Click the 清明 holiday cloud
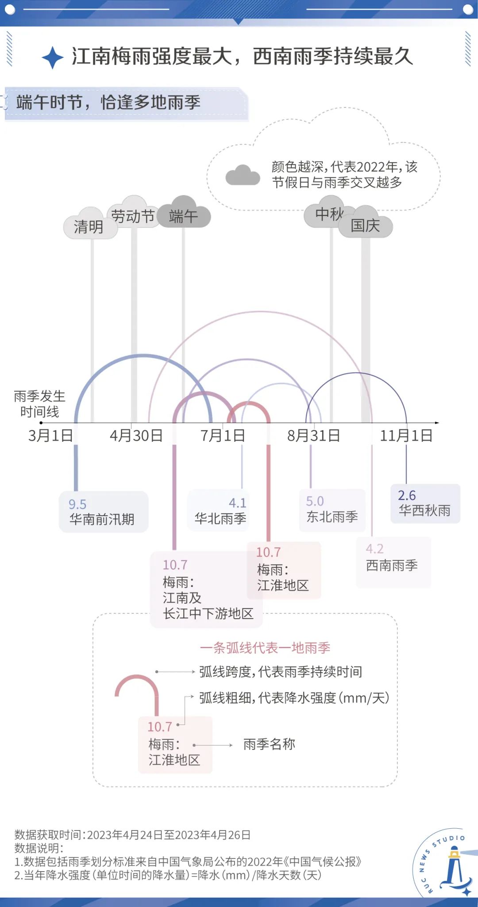click(x=90, y=223)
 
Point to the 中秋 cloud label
click(x=330, y=214)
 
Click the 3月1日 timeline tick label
click(x=50, y=436)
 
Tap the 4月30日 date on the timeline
click(x=136, y=436)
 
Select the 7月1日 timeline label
click(x=223, y=436)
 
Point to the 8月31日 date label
click(x=314, y=436)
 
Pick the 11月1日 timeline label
click(x=406, y=436)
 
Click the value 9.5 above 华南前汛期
click(x=77, y=504)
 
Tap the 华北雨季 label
click(x=220, y=518)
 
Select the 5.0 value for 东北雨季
click(x=315, y=501)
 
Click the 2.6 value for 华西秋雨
click(x=407, y=495)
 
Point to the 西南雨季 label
click(x=392, y=565)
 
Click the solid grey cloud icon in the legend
click(x=243, y=175)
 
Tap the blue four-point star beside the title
click(x=53, y=57)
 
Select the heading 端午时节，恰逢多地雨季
click(x=108, y=103)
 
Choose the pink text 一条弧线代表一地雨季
click(x=265, y=648)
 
